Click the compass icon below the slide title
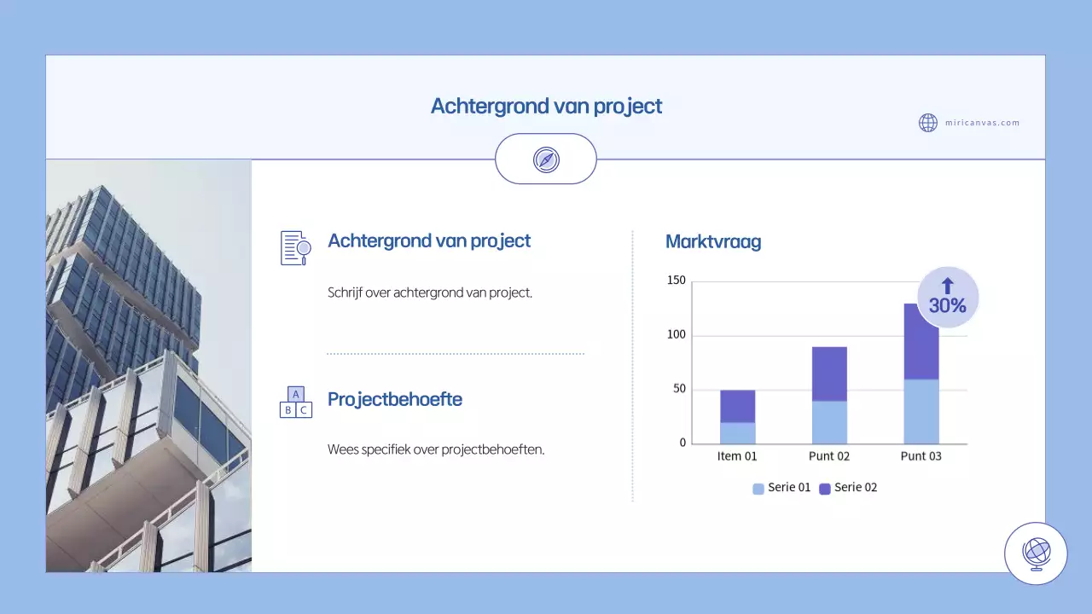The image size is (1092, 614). click(546, 159)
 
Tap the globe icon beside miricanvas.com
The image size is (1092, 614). click(928, 123)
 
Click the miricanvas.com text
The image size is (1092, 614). click(982, 123)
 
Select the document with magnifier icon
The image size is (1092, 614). click(295, 247)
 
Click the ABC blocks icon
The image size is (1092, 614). click(295, 402)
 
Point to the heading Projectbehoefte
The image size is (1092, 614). click(395, 399)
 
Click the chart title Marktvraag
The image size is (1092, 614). click(713, 241)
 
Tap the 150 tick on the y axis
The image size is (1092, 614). click(677, 281)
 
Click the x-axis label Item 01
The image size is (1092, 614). click(737, 456)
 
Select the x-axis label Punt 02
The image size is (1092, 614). click(829, 456)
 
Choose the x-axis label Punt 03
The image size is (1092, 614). click(921, 456)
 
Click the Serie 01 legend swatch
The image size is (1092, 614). click(758, 489)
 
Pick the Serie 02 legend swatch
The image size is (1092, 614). click(825, 489)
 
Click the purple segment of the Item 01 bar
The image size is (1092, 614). click(738, 407)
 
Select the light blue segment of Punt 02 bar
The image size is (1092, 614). click(829, 422)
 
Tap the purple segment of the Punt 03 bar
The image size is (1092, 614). click(921, 341)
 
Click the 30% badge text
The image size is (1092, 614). click(947, 305)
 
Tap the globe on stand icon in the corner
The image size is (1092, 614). click(1036, 553)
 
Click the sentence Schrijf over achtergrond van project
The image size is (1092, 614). click(430, 293)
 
